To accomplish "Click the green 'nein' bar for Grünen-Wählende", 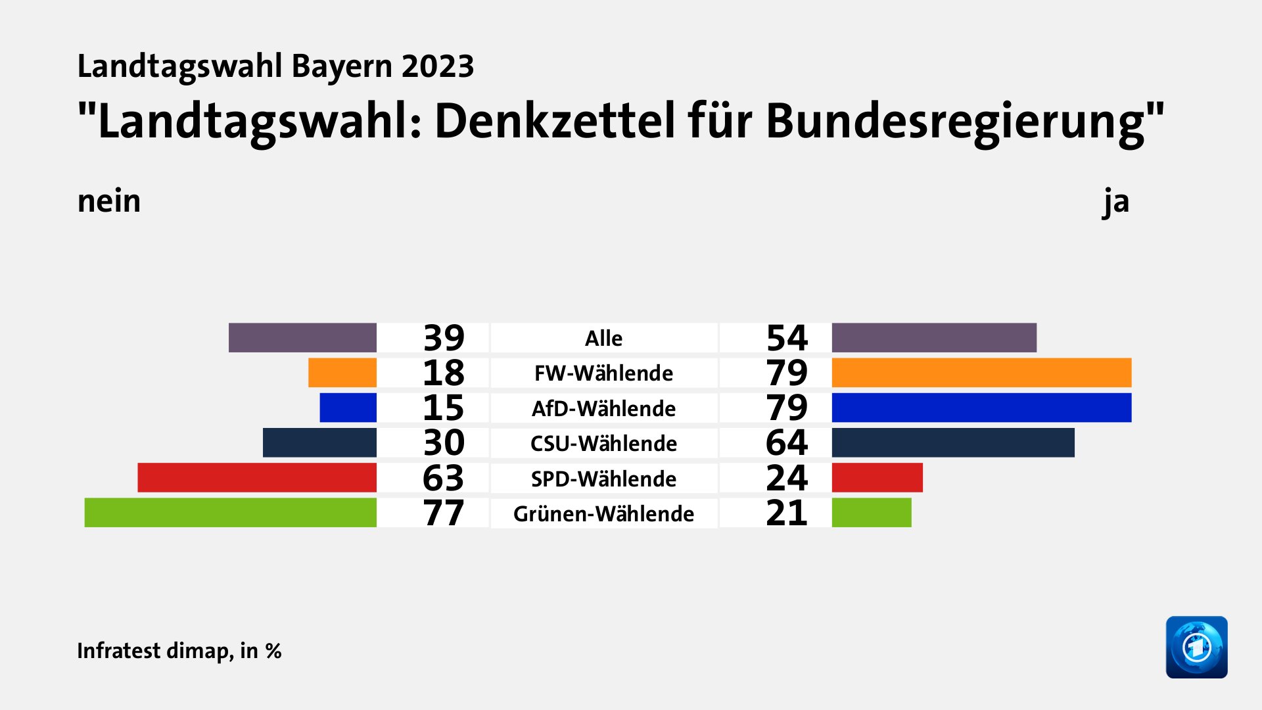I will [x=230, y=513].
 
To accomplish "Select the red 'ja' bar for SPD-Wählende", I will [x=877, y=478].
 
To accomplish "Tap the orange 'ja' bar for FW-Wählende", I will [x=981, y=373].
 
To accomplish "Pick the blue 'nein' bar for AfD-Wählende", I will [x=348, y=408].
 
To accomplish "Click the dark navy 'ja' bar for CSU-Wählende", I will [x=953, y=442].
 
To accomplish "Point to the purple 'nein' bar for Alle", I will [x=302, y=338].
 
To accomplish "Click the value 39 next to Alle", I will [x=444, y=338].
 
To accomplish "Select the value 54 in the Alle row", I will [x=787, y=338].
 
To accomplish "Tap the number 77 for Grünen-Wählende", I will [x=444, y=513].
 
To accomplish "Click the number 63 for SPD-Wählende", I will [x=444, y=478].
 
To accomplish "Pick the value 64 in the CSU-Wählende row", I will [x=787, y=442].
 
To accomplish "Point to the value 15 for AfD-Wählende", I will [x=444, y=408].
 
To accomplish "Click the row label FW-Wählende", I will [x=603, y=373].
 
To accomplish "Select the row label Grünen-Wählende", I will [x=603, y=513].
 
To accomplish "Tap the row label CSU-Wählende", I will [x=603, y=443].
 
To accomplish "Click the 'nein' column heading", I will [x=109, y=201].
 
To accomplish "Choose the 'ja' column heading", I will [x=1116, y=201].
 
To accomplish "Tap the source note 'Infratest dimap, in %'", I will [x=179, y=651].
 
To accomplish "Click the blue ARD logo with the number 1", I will [x=1196, y=647].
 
